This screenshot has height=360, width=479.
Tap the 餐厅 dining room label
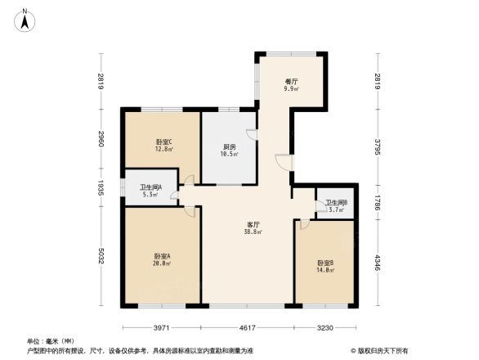(x=291, y=82)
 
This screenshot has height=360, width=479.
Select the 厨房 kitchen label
(x=230, y=147)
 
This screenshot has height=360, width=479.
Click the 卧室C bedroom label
(x=163, y=142)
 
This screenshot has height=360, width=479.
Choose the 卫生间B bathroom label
(x=336, y=203)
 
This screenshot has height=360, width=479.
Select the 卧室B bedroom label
(x=326, y=263)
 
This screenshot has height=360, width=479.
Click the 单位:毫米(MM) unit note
(x=50, y=340)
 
